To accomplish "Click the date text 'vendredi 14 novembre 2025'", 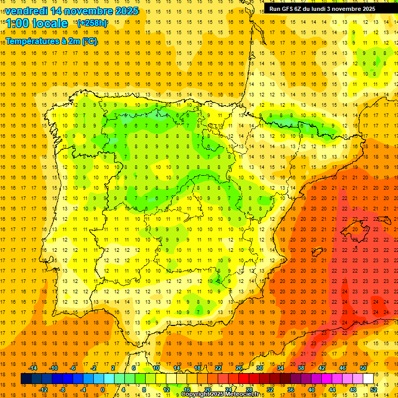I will [x=72, y=11].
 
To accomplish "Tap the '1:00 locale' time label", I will [x=37, y=23].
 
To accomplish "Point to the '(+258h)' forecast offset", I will [x=92, y=23].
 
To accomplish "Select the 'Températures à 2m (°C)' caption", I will [x=51, y=41].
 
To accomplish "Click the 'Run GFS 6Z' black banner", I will [x=327, y=9].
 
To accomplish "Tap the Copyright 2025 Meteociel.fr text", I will [x=220, y=394].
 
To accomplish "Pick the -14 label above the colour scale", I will [x=33, y=368].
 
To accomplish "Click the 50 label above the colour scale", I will [x=363, y=368].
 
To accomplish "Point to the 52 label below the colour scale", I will [x=374, y=390].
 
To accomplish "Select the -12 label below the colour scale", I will [x=43, y=390].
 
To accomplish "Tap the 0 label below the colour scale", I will [x=103, y=390].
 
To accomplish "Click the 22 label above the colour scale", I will [x=218, y=368].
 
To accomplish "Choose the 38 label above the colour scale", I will [x=301, y=368].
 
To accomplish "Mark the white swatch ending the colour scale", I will [x=368, y=379].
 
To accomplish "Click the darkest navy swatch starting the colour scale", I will [x=26, y=379].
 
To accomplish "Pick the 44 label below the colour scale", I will [x=332, y=390].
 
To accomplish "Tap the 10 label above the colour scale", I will [x=156, y=368].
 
